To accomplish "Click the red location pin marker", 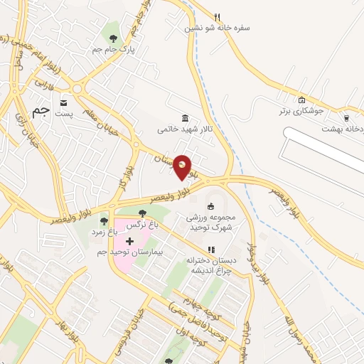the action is [183, 166].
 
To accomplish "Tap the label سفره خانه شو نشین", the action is [218, 29].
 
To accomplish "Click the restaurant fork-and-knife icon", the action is [218, 17].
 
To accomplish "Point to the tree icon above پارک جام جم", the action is [113, 37].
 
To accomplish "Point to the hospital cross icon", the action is [129, 242].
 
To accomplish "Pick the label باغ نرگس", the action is [140, 224].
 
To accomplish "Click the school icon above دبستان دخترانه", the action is [210, 250].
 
